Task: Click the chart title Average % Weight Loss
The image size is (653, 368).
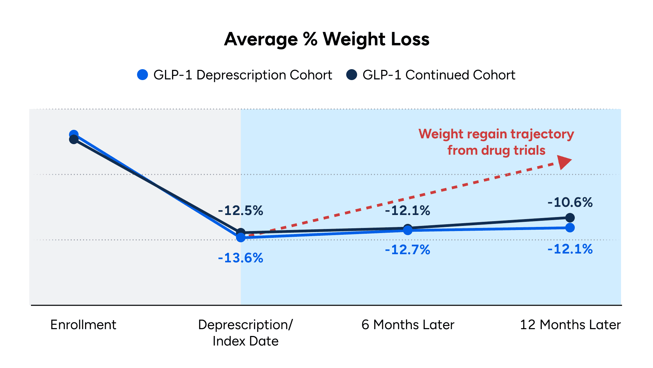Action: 326,39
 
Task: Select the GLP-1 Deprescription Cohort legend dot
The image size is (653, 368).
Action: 143,75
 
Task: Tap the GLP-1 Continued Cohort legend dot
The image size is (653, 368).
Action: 352,75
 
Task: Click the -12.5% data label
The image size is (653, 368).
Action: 240,211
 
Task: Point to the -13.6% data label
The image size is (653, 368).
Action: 240,258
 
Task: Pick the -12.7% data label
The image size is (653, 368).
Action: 407,250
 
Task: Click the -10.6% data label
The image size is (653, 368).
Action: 570,202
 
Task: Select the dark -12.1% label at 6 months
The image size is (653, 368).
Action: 407,211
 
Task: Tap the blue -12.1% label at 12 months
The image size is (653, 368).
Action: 570,249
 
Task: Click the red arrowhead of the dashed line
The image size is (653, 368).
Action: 565,162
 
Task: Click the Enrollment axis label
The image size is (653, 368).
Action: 83,325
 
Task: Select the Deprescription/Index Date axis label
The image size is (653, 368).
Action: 245,333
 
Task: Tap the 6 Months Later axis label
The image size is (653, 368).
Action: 408,325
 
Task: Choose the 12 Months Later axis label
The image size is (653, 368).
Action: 570,325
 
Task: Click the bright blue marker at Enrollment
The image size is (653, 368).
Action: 74,134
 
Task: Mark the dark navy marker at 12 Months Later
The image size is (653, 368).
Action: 570,217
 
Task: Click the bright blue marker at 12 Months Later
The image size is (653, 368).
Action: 570,228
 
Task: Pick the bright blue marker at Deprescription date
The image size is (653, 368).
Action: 241,237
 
